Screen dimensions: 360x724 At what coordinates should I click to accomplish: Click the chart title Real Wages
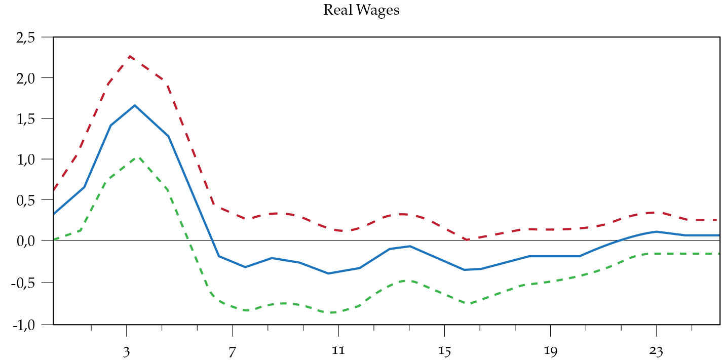point(361,10)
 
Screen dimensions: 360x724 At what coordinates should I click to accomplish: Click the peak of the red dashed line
point(130,56)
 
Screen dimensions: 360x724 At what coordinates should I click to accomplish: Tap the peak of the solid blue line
point(135,105)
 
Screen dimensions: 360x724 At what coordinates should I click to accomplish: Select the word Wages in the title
point(379,10)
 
